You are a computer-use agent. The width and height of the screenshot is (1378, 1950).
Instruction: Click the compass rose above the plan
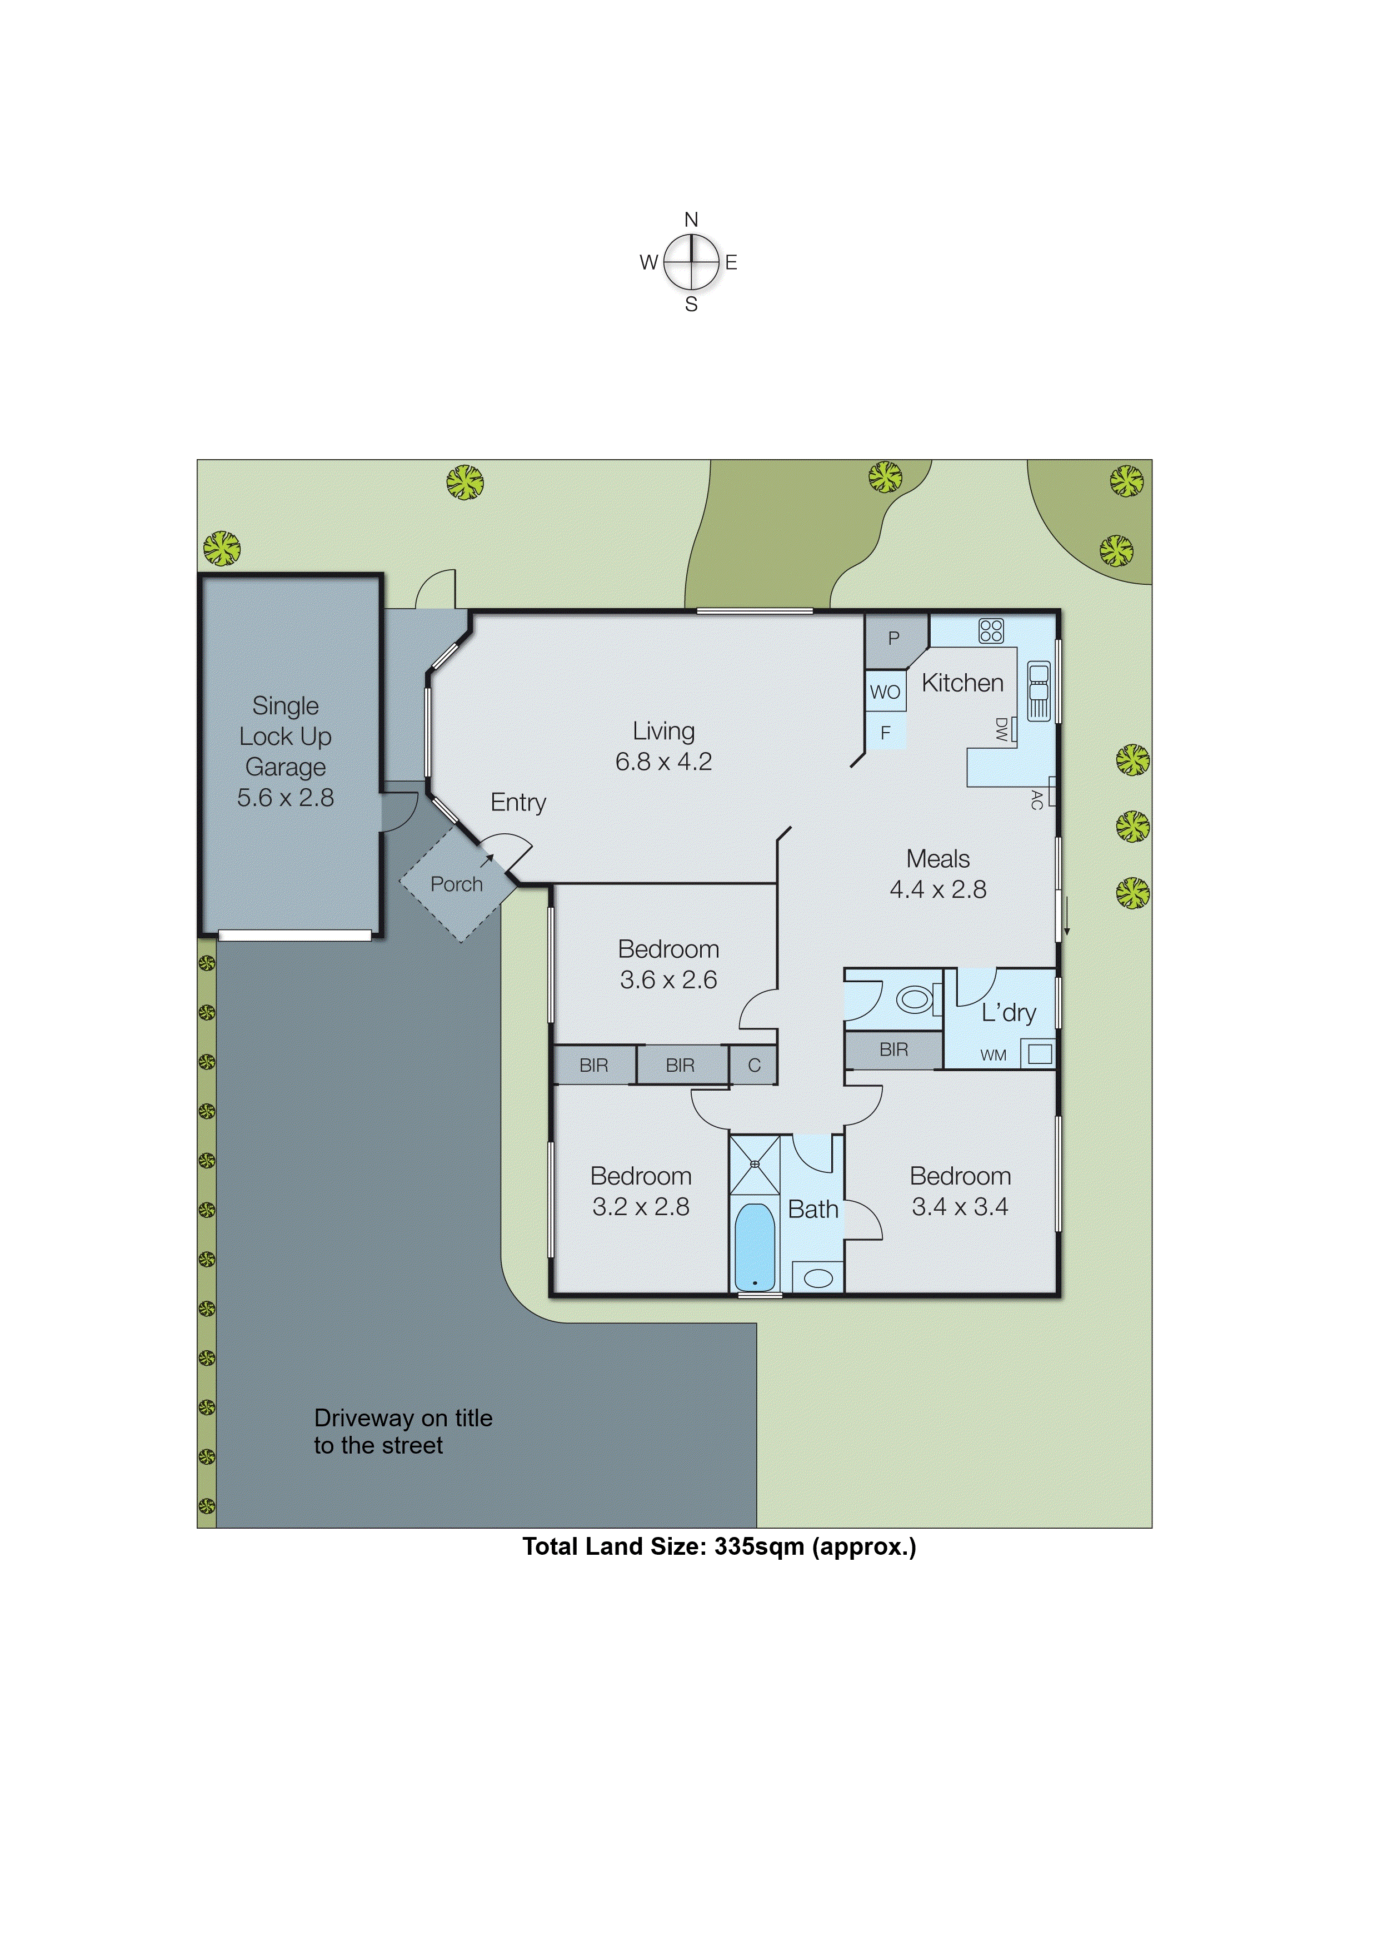(691, 262)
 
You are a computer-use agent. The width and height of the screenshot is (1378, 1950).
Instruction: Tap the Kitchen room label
(962, 683)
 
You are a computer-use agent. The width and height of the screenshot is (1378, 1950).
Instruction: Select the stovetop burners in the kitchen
(991, 630)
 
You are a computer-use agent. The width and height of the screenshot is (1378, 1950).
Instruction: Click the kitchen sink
(1039, 690)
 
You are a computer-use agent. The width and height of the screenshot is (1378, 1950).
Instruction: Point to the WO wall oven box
(885, 692)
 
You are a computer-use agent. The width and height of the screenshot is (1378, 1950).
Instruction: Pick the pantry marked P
(893, 638)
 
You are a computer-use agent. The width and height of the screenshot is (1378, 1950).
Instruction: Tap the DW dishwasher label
(1001, 729)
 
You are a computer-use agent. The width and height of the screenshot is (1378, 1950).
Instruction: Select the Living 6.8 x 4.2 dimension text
(663, 762)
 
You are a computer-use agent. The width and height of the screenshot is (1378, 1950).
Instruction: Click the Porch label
(456, 884)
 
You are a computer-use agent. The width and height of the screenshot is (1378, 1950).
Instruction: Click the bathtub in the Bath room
(754, 1246)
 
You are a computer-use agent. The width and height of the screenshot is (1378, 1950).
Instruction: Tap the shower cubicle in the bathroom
(754, 1165)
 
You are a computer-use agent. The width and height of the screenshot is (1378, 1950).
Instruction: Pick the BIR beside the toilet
(893, 1049)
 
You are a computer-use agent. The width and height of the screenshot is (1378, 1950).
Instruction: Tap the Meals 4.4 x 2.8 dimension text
(937, 889)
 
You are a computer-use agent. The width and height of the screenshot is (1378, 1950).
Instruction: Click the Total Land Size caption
(719, 1546)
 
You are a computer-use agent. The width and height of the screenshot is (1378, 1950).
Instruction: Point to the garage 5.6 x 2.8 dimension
(285, 798)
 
